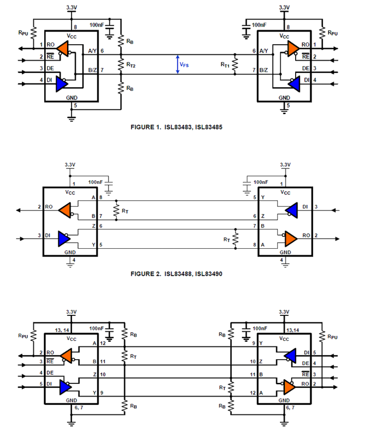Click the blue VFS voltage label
point(184,65)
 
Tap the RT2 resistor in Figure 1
point(121,65)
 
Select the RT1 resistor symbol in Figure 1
point(235,65)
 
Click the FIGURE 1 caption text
point(176,127)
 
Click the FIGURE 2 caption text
point(176,274)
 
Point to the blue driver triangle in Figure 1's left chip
point(61,84)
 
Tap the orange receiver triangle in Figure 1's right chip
point(293,48)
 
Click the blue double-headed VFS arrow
point(178,65)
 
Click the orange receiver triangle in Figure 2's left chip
point(65,210)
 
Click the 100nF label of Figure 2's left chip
point(95,182)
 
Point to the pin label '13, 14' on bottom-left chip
point(62,330)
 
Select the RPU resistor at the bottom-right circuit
point(322,336)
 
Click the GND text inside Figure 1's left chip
point(71,98)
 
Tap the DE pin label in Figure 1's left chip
point(50,68)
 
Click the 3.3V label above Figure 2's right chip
point(285,165)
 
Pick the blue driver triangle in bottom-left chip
point(65,387)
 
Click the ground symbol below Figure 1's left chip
point(71,119)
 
